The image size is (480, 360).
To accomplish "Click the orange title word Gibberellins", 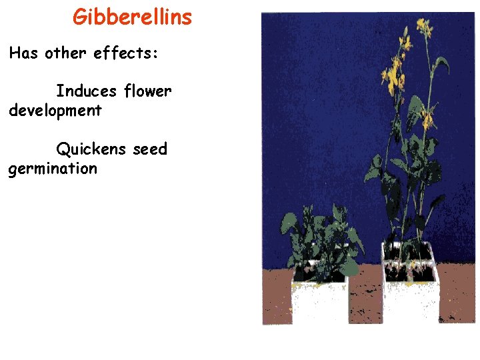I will tap(132, 17).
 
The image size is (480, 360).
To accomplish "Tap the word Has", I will tap(24, 53).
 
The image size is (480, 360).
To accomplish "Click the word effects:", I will tap(126, 53).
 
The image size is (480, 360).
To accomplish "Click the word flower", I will tap(148, 91).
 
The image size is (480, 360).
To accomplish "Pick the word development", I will tap(55, 111).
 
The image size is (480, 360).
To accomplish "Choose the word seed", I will tap(150, 149).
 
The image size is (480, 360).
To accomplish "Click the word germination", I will tap(53, 169).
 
